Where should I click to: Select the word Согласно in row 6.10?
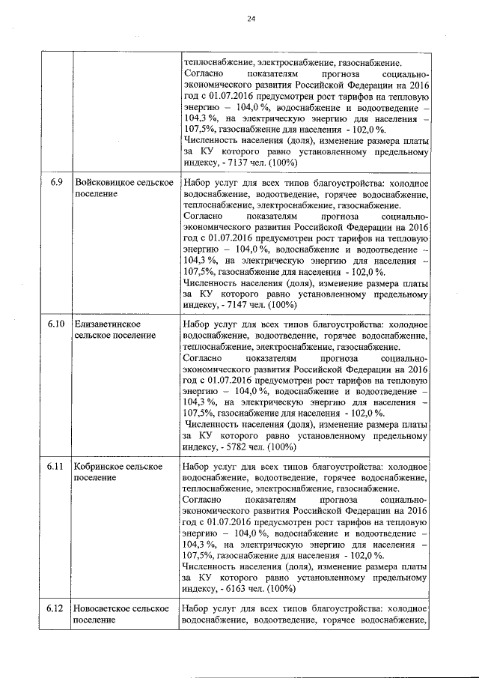point(201,358)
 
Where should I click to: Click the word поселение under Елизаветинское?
point(132,335)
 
